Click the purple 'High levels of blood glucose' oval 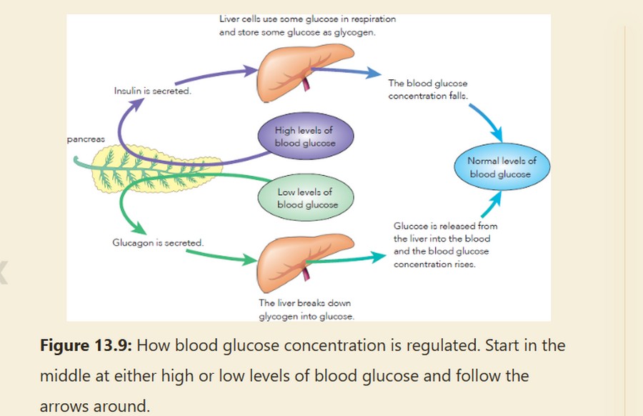305,137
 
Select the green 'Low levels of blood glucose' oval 306,199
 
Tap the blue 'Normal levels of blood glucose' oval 502,168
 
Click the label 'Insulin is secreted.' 152,91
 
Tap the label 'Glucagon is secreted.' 158,243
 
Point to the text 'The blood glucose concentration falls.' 428,90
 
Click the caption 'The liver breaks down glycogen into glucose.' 306,309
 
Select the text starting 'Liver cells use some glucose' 307,26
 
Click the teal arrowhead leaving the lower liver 377,255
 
